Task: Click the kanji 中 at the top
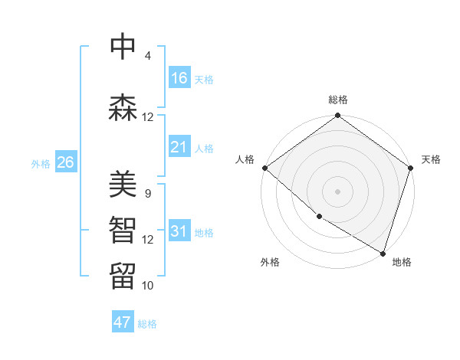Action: (x=123, y=47)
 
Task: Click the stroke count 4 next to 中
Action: (x=147, y=56)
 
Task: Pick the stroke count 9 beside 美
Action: (x=147, y=194)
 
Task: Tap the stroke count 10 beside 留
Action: (x=147, y=285)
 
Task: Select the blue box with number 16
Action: (x=179, y=78)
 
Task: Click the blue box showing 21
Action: (x=179, y=147)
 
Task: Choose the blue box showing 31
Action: (x=179, y=231)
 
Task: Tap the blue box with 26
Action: (x=65, y=162)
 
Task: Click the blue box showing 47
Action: (x=123, y=322)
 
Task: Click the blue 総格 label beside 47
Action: (x=147, y=324)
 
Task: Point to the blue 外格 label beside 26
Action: (x=41, y=163)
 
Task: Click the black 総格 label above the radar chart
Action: (x=338, y=100)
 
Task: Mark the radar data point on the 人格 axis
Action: (x=264, y=168)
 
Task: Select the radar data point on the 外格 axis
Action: (x=319, y=217)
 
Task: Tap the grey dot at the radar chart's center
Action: (x=338, y=191)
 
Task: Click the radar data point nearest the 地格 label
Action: (x=383, y=252)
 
